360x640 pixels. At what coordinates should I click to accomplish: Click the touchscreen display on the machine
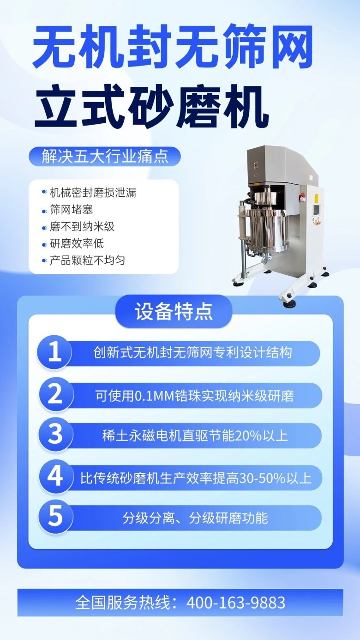[317, 210]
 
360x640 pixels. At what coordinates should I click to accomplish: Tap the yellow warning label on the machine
[316, 198]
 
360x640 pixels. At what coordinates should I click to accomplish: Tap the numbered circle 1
[54, 352]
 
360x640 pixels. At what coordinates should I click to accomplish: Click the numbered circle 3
[54, 435]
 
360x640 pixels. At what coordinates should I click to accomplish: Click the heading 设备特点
[174, 311]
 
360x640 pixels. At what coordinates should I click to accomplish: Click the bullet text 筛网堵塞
[72, 210]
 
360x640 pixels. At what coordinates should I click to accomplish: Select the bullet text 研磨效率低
[77, 243]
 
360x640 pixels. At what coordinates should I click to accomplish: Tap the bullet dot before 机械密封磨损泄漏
[44, 192]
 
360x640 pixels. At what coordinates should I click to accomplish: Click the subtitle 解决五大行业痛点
[105, 156]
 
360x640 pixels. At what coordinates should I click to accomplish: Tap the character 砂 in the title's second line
[150, 107]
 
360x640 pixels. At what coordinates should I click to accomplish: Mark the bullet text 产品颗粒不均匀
[88, 260]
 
